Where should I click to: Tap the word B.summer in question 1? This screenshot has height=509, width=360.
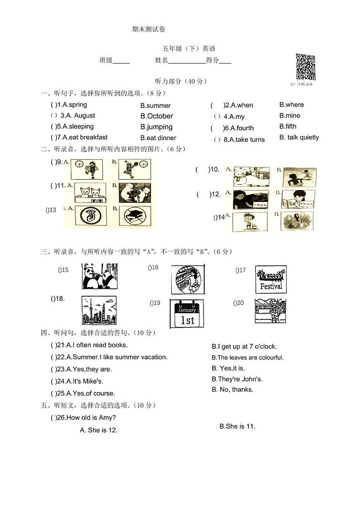tap(156, 105)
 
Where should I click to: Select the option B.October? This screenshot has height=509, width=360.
tap(157, 116)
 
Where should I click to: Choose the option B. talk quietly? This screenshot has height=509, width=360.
tap(299, 137)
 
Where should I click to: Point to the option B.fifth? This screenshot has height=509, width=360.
tap(288, 127)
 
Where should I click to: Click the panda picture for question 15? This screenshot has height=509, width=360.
tap(99, 276)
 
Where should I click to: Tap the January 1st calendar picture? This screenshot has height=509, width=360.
tap(187, 313)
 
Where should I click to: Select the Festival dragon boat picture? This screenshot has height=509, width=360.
tap(271, 279)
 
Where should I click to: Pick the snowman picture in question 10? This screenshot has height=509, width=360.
tap(251, 177)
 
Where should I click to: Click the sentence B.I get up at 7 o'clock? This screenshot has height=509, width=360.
tap(244, 347)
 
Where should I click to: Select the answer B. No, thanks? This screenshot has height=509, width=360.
tap(233, 390)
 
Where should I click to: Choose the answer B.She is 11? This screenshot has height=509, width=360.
tap(237, 426)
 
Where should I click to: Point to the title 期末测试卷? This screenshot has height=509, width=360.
tap(149, 29)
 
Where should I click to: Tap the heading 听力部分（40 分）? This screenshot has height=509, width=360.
tap(180, 82)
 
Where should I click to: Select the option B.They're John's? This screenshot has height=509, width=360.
tap(237, 379)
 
